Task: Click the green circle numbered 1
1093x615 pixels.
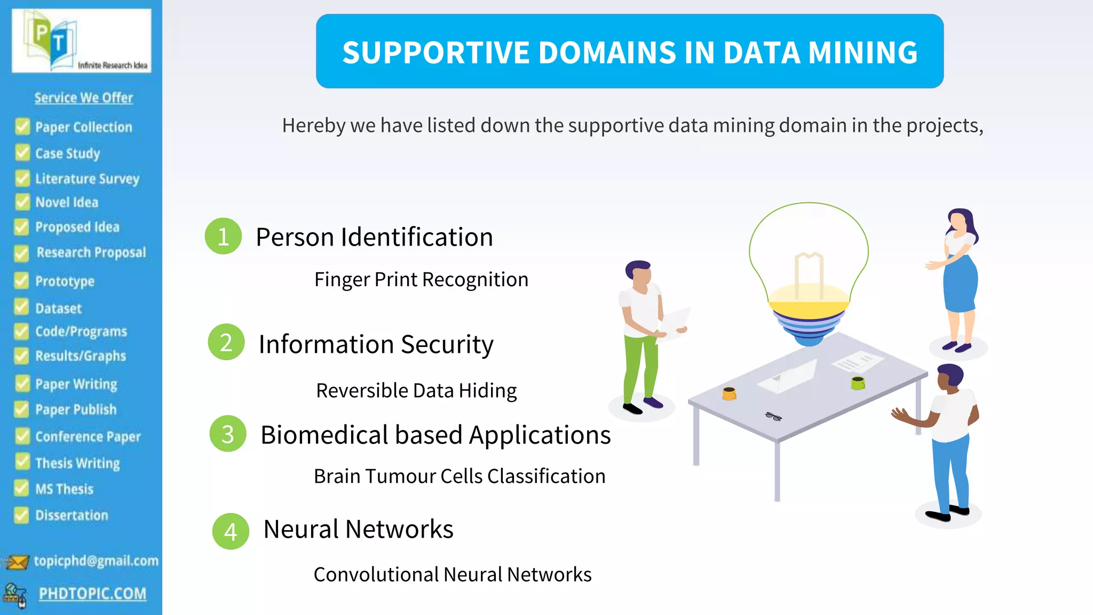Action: pyautogui.click(x=223, y=236)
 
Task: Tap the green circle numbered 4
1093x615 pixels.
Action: pyautogui.click(x=231, y=531)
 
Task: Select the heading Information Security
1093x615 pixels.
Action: pyautogui.click(x=376, y=344)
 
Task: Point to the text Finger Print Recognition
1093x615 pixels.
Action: pyautogui.click(x=421, y=280)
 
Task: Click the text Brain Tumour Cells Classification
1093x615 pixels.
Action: pyautogui.click(x=460, y=476)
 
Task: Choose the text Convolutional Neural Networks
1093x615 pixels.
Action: pyautogui.click(x=453, y=574)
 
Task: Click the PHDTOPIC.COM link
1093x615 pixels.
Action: pyautogui.click(x=92, y=594)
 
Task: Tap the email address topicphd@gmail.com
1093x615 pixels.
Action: pyautogui.click(x=96, y=561)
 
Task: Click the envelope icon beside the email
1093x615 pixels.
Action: pyautogui.click(x=17, y=562)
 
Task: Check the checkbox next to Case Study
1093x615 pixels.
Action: pyautogui.click(x=22, y=153)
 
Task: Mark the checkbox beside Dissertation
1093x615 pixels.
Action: pyautogui.click(x=21, y=515)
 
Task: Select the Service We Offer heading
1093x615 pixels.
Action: pyautogui.click(x=84, y=98)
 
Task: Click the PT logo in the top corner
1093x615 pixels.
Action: pyautogui.click(x=81, y=41)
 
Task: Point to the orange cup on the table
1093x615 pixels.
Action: pyautogui.click(x=729, y=393)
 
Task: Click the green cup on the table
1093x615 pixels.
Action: pyautogui.click(x=858, y=382)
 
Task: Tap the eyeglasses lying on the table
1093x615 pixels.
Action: pyautogui.click(x=773, y=416)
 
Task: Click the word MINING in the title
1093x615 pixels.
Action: pyautogui.click(x=862, y=52)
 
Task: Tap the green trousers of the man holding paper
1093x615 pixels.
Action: pyautogui.click(x=640, y=368)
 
